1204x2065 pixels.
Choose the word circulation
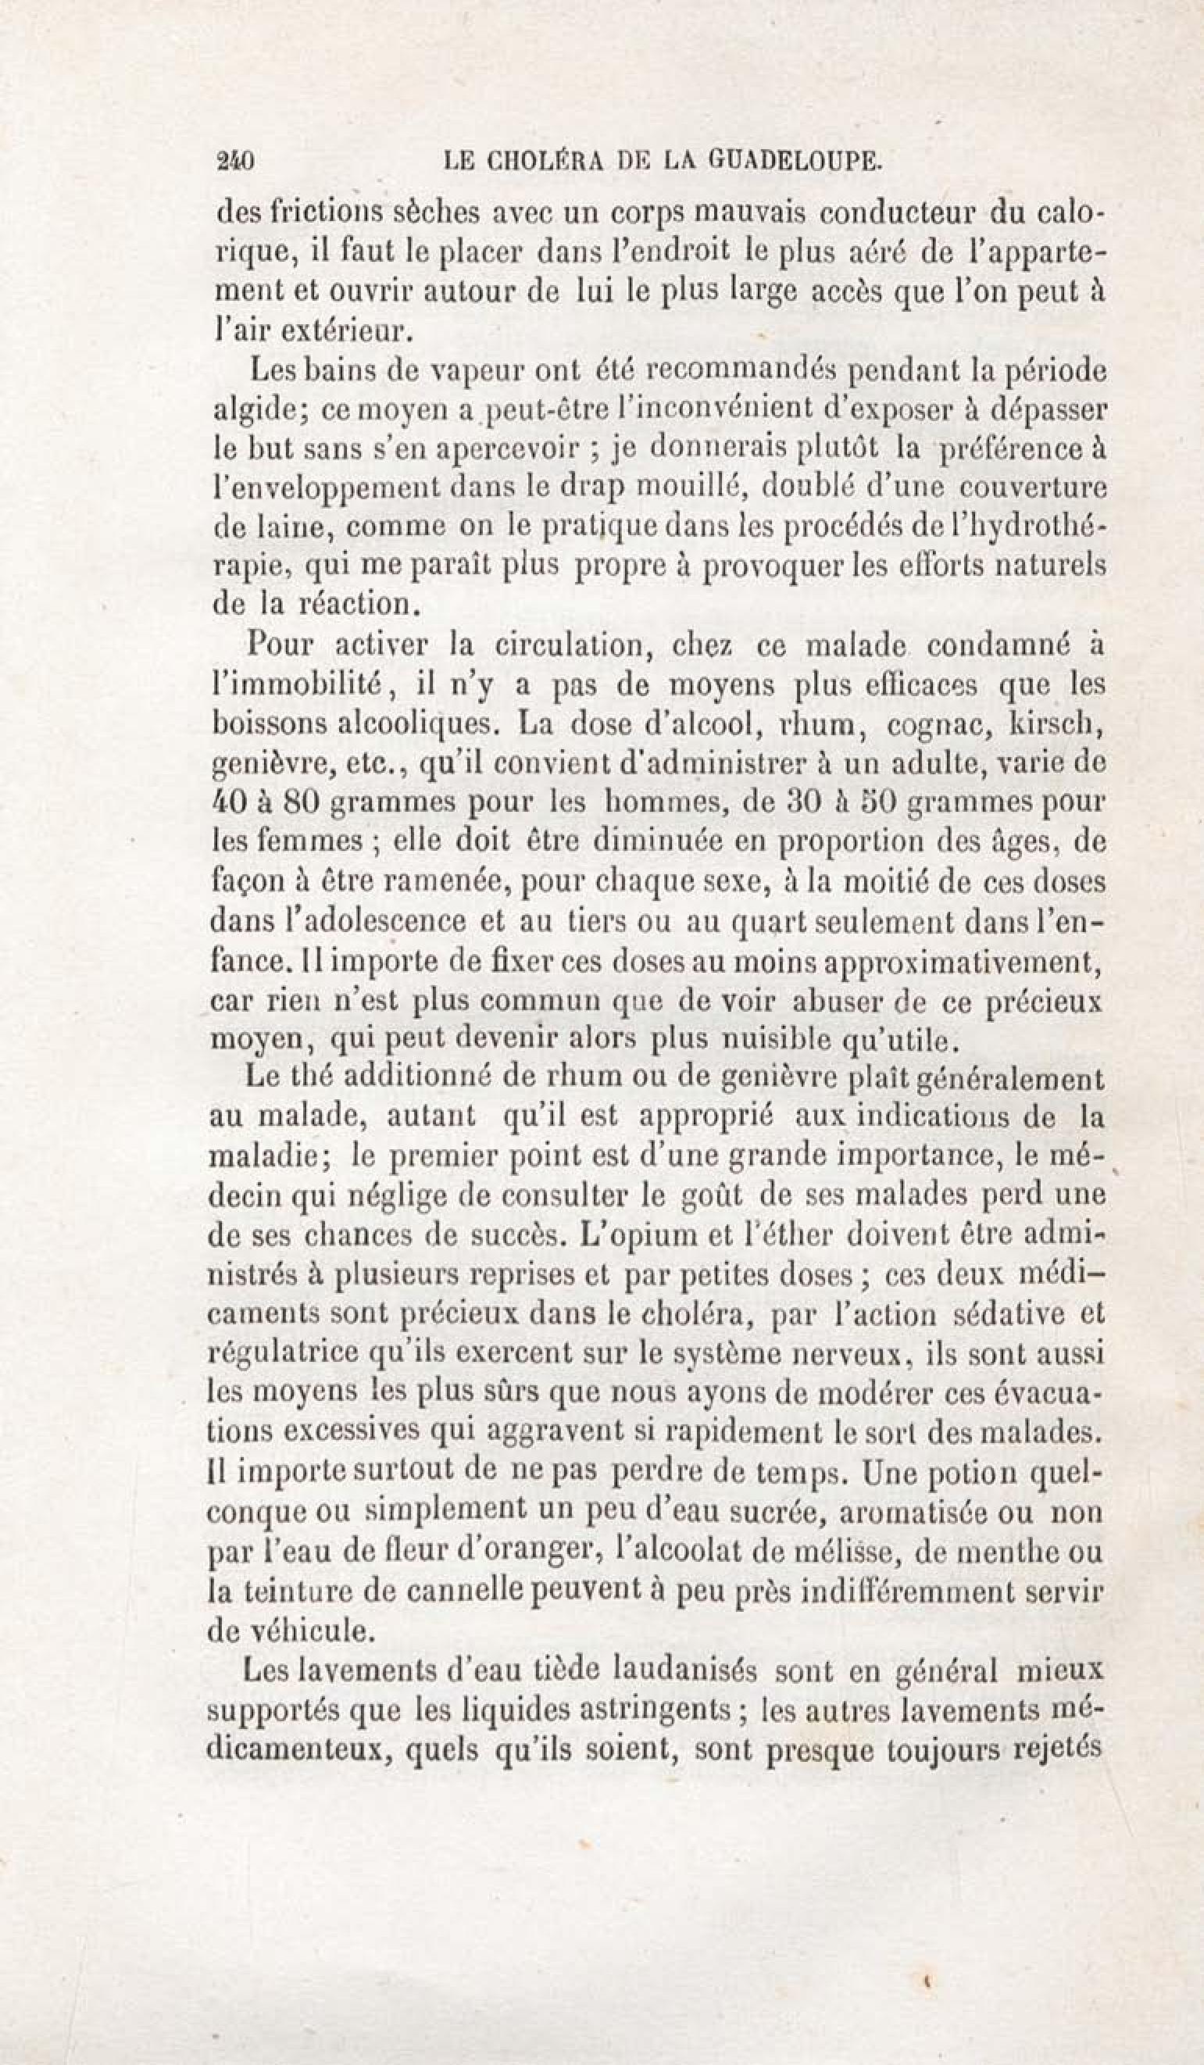tap(551, 645)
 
